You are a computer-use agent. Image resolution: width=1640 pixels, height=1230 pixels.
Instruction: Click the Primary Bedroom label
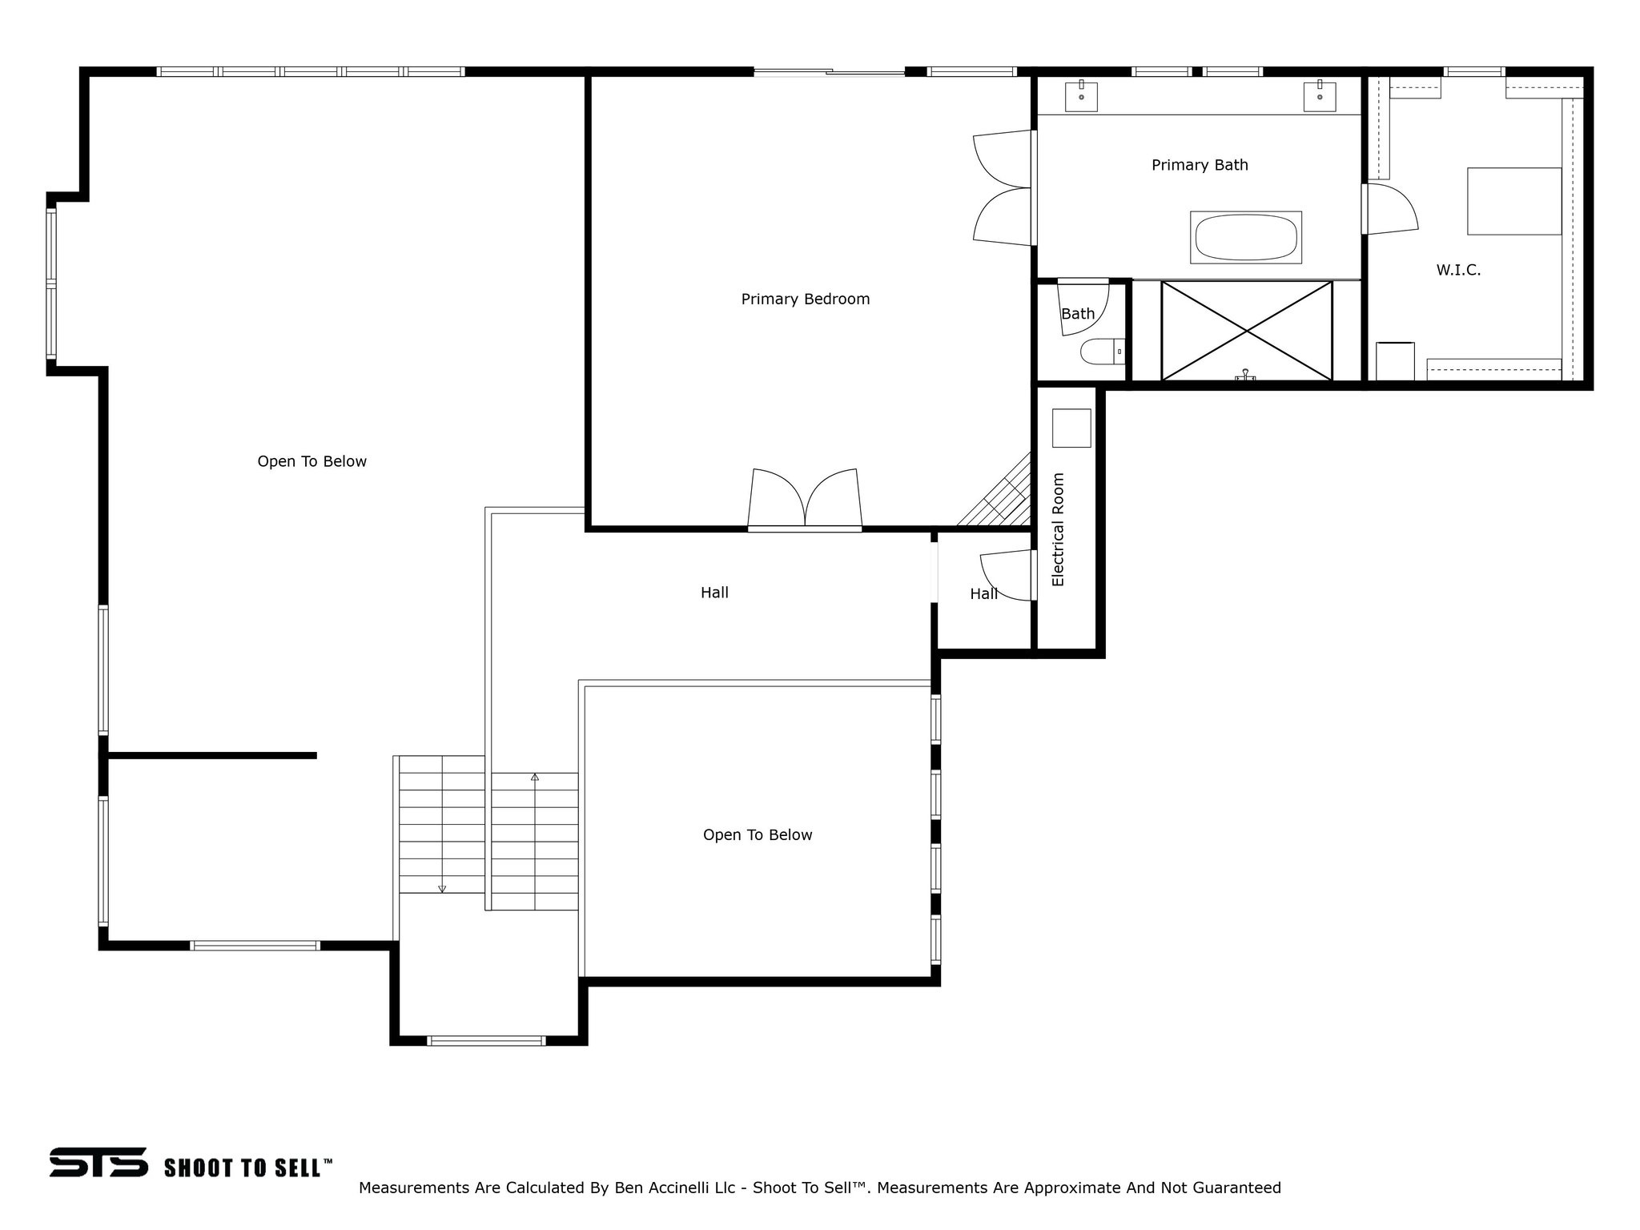coord(805,299)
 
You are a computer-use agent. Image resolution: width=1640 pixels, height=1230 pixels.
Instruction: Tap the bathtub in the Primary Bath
coord(1245,238)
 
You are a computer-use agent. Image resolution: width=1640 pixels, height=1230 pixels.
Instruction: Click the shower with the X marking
coord(1246,331)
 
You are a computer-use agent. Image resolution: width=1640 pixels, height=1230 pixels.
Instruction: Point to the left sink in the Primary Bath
coord(1081,97)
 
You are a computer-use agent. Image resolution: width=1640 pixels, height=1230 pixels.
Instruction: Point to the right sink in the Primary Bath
coord(1319,97)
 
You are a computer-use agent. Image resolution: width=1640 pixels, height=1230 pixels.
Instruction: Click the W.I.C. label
coord(1458,271)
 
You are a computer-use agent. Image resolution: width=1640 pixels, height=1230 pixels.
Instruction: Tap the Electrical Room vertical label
coord(1058,529)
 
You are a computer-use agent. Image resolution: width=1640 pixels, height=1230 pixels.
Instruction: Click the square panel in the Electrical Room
coord(1071,428)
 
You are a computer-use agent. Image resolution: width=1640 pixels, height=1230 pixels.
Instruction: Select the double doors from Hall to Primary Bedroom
coord(805,500)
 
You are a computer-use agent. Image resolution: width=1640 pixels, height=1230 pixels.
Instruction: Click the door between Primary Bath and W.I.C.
coord(1389,210)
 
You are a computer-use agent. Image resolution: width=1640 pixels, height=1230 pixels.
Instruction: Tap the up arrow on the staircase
coord(535,778)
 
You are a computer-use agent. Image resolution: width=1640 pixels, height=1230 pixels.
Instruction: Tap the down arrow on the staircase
coord(441,888)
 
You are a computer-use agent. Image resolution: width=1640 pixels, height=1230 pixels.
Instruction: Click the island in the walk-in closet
coord(1513,201)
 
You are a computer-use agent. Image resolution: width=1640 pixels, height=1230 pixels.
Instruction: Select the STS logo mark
coord(98,1162)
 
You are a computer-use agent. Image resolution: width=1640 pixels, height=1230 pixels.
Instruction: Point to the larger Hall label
coord(714,593)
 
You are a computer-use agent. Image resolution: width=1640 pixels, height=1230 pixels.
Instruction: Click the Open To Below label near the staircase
coord(758,835)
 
